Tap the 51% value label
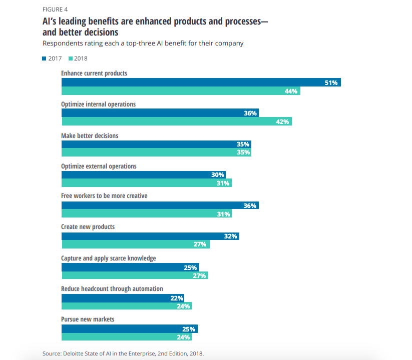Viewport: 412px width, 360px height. click(331, 82)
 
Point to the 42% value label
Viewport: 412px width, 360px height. click(283, 121)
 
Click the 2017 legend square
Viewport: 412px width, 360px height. click(44, 58)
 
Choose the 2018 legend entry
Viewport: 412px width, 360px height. click(77, 58)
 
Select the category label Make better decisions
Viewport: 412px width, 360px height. click(90, 135)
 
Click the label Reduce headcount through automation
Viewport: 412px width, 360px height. click(112, 289)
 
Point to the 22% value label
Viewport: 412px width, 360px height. click(177, 298)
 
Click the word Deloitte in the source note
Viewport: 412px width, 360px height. click(76, 353)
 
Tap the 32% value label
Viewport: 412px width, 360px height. click(231, 236)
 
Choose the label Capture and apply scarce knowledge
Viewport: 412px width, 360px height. click(108, 258)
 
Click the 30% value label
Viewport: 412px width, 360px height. click(218, 175)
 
